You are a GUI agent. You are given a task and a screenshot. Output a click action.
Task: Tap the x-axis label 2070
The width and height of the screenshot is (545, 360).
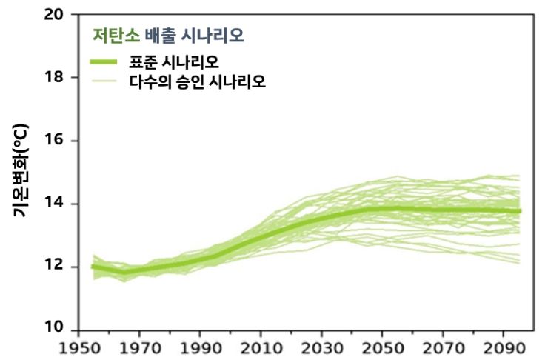445,348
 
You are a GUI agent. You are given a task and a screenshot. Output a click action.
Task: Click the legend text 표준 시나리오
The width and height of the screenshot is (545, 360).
184,61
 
